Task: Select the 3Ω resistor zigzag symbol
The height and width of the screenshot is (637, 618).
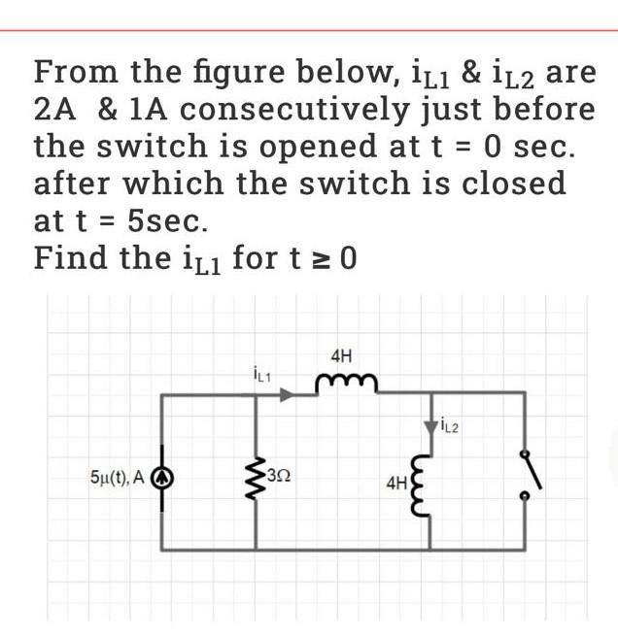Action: [x=257, y=475]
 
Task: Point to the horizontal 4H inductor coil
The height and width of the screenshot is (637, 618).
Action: [x=340, y=386]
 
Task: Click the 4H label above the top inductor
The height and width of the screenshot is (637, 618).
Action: [x=341, y=356]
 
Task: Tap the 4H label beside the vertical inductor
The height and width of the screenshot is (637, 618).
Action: [x=399, y=481]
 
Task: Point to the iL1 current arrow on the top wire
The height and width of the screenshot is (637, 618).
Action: [x=285, y=394]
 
